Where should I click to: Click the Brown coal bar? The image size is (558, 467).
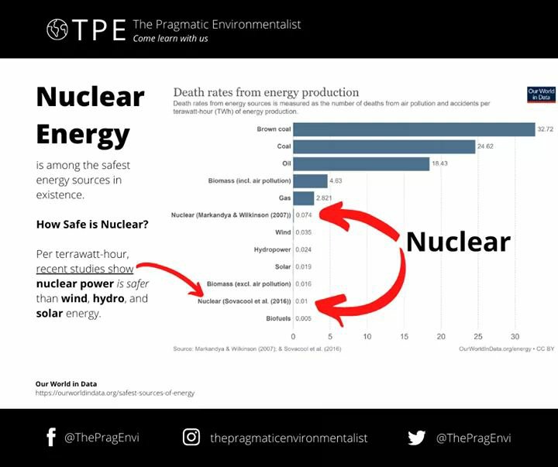pos(414,129)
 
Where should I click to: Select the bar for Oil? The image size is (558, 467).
pos(361,163)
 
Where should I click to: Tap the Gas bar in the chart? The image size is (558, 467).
pos(303,198)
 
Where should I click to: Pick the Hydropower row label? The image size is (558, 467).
pos(272,249)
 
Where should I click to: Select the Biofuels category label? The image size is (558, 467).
pos(277,318)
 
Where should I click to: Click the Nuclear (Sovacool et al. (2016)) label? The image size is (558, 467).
pos(246,301)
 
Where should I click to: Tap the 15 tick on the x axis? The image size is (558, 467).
pos(404,337)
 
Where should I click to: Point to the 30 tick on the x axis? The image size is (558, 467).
pos(515,337)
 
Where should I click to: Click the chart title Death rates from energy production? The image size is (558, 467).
pos(266,92)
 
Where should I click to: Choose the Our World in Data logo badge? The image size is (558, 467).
pos(541,94)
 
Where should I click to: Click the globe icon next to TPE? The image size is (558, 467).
pos(57,29)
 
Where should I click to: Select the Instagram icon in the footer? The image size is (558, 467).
pos(191,438)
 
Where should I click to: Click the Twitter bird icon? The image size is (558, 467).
pos(417,438)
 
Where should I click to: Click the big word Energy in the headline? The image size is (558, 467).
pos(83,134)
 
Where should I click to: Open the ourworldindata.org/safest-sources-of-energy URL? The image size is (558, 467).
pos(115,393)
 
